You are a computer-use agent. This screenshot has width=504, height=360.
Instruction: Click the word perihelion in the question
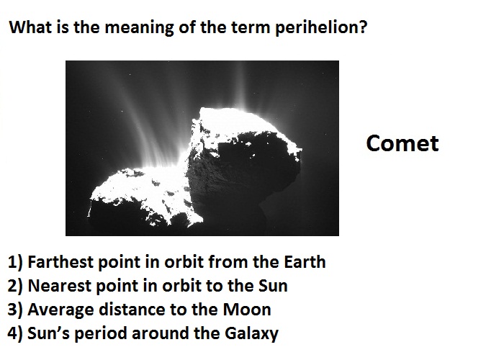(x=317, y=27)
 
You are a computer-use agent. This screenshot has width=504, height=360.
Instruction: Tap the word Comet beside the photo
(x=402, y=143)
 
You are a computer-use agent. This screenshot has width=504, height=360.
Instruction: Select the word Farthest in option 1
(x=60, y=261)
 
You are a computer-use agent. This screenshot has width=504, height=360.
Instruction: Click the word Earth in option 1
(x=305, y=261)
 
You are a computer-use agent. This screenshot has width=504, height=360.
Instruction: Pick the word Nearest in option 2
(x=60, y=285)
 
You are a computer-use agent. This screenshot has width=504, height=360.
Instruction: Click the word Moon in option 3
(x=247, y=310)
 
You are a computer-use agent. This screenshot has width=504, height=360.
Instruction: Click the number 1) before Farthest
(x=15, y=262)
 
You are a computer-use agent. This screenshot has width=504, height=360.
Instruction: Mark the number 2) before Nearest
(x=15, y=286)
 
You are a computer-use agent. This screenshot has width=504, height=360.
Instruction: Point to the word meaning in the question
(x=140, y=28)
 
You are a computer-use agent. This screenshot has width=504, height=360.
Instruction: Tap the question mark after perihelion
(x=363, y=27)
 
